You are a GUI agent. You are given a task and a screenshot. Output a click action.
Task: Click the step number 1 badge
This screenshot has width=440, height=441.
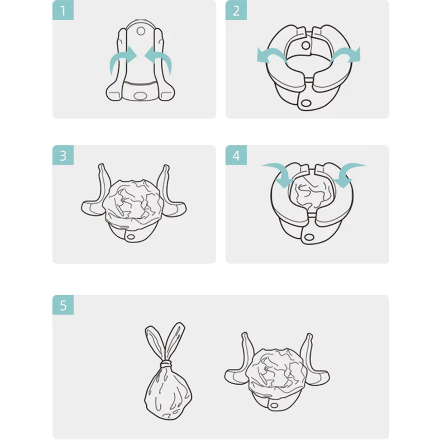63,10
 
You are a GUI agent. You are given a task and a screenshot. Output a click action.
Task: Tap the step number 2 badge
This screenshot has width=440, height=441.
236,10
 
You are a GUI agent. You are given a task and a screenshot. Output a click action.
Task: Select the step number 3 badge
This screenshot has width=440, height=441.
63,155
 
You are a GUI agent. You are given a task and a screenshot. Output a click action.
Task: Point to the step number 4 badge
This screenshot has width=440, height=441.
236,155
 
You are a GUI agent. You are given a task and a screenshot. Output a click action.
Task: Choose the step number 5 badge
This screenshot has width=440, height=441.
63,305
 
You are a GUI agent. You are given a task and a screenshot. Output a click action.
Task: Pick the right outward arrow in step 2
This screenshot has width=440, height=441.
346,54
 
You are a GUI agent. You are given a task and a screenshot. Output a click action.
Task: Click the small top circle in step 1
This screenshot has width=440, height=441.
141,31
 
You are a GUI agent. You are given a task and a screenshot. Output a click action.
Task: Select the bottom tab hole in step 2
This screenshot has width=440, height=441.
306,103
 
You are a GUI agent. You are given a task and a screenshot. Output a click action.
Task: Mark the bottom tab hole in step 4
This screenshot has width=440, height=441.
309,237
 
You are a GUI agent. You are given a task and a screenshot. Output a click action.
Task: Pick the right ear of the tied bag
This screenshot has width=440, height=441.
175,341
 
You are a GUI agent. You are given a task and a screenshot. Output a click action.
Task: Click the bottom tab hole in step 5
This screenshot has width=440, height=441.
273,405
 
